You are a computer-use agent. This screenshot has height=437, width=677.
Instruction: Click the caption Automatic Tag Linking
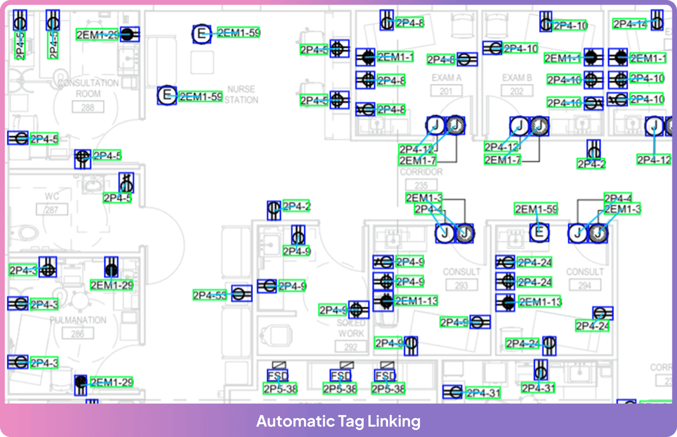(338, 421)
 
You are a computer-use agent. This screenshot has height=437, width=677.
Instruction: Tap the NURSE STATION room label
(241, 95)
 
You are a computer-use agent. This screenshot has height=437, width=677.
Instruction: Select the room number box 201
(446, 91)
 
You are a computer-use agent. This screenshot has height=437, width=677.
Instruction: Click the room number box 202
(517, 91)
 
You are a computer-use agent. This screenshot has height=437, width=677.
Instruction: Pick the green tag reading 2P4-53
(210, 294)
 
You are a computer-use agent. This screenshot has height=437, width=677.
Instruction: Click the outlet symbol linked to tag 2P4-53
(241, 294)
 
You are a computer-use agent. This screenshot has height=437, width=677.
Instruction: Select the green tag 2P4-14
(630, 24)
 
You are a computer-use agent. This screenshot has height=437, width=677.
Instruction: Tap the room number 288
(87, 107)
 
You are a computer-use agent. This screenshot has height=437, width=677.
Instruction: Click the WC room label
(52, 196)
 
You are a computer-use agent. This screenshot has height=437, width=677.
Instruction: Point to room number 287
(52, 210)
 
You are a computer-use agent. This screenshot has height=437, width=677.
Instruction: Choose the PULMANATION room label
(78, 320)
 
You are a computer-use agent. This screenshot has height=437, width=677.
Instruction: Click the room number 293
(461, 285)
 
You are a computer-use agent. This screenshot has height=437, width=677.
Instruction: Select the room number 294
(585, 285)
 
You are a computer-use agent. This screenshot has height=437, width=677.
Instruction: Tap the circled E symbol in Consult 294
(539, 232)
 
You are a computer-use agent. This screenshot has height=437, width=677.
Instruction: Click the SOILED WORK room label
(351, 328)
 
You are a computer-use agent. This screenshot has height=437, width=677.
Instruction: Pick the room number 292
(351, 347)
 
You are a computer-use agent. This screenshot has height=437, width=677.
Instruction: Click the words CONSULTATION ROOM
(88, 89)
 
